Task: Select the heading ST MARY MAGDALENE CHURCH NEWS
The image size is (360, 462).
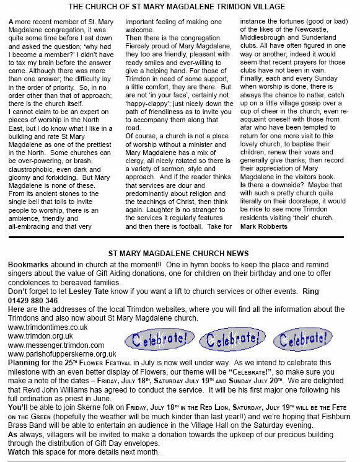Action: (x=178, y=253)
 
